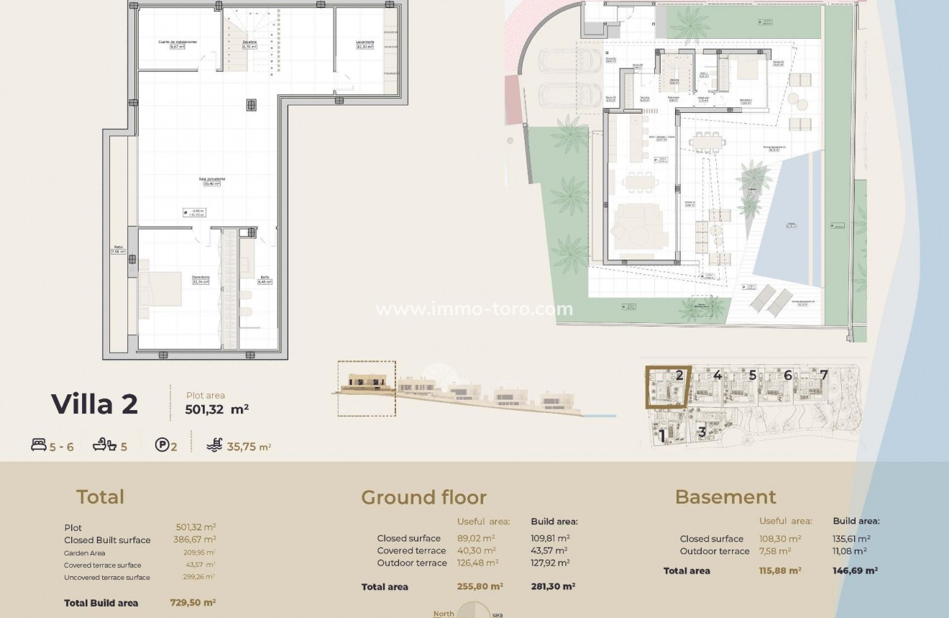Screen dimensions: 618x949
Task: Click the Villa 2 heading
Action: (x=94, y=404)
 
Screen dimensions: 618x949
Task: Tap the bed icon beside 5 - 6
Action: (x=39, y=446)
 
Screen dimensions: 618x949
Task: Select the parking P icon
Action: (x=162, y=445)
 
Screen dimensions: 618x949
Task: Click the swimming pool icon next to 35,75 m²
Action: (x=214, y=445)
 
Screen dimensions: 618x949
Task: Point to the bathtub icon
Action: (x=104, y=446)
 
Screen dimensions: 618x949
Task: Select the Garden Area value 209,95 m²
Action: (x=199, y=553)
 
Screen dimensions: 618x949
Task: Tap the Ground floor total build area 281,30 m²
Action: (x=553, y=587)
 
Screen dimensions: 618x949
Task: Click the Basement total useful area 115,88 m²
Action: (x=780, y=571)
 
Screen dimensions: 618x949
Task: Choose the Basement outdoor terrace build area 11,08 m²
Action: (x=850, y=551)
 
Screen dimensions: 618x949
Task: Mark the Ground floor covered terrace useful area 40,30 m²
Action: (x=476, y=551)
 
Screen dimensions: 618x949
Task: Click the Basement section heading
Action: (x=725, y=497)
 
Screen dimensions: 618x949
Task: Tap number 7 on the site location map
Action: (x=824, y=375)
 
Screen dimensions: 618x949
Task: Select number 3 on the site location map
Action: (x=702, y=432)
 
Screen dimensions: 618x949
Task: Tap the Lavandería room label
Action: (x=365, y=42)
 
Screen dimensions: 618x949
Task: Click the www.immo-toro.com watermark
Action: (x=475, y=309)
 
